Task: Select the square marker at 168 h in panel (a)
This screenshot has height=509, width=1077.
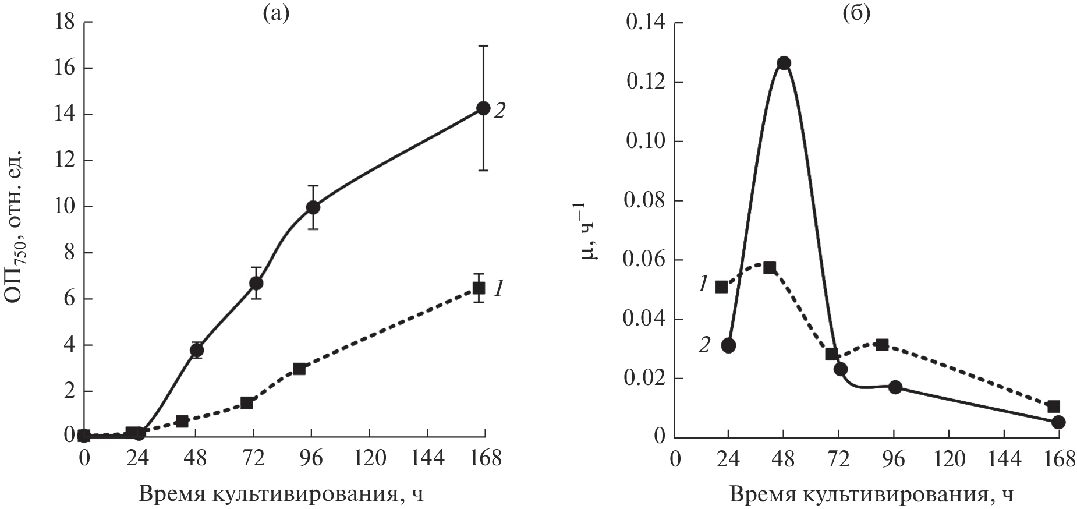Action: pyautogui.click(x=479, y=288)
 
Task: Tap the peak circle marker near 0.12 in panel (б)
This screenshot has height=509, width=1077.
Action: pyautogui.click(x=784, y=63)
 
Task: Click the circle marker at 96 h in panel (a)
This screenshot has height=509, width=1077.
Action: pyautogui.click(x=313, y=207)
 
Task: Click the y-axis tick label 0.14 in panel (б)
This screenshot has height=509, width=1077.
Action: pyautogui.click(x=645, y=23)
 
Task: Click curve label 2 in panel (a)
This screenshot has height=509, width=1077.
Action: pyautogui.click(x=499, y=111)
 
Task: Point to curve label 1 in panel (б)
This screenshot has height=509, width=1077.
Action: pyautogui.click(x=703, y=285)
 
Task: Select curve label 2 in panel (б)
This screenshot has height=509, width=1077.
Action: pyautogui.click(x=704, y=345)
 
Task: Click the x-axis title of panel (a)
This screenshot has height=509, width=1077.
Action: pyautogui.click(x=280, y=494)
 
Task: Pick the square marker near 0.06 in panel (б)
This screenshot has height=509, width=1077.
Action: pyautogui.click(x=770, y=268)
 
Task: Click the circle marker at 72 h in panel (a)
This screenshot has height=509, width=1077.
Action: pyautogui.click(x=256, y=283)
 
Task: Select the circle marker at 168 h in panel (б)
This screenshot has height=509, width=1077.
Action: pyautogui.click(x=1058, y=422)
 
